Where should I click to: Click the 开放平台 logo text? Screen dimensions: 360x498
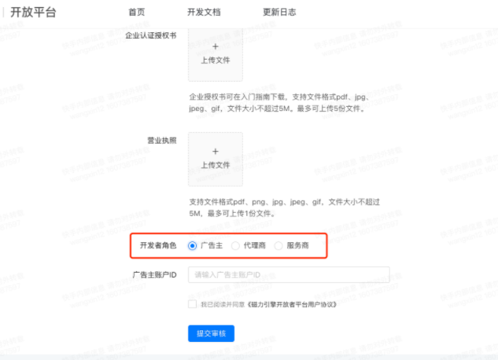coord(34,13)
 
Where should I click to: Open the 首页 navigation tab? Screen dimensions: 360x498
coord(136,13)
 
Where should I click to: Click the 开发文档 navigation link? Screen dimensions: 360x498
coord(204,13)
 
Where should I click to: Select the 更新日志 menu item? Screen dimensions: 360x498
coord(279,13)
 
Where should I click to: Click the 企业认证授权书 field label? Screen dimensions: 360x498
coord(150,36)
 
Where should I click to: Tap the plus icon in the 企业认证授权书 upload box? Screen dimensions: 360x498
coord(216,46)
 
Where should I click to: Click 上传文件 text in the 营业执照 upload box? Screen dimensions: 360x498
coord(216,165)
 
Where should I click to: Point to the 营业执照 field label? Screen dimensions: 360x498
coord(161,141)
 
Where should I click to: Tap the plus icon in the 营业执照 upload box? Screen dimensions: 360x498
coord(216,151)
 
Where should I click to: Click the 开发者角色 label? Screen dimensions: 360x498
coord(158,246)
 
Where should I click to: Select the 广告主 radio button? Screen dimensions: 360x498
coord(193,246)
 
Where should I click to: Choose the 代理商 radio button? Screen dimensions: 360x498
coord(236,246)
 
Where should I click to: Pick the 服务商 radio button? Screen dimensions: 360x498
coord(279,246)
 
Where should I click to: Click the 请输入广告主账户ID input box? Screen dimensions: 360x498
coord(289,275)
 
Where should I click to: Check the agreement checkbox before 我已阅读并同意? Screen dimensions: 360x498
coord(193,304)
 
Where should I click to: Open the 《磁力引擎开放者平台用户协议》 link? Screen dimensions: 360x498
coord(292,304)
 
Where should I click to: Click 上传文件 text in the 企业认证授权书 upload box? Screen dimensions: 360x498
coord(216,60)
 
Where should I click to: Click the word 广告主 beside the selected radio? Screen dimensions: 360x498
coord(212,246)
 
